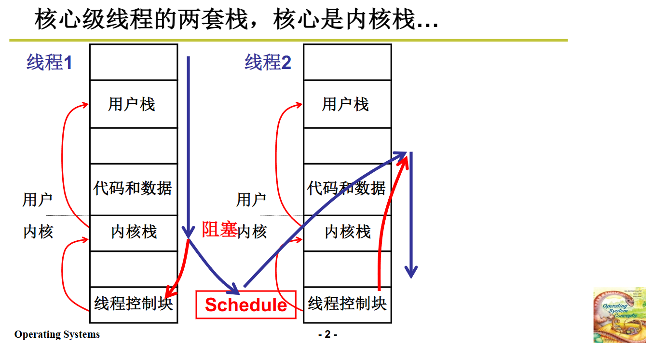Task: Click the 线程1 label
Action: point(49,63)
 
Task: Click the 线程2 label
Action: point(268,63)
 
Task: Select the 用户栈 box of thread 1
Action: point(133,104)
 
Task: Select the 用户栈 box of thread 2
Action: point(347,104)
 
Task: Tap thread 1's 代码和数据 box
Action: point(133,188)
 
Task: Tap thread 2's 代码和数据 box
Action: point(347,188)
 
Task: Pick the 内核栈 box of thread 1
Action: point(134,232)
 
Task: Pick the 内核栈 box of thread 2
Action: point(347,232)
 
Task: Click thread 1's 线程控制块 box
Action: point(134,304)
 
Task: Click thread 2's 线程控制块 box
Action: point(347,304)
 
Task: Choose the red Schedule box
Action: point(245,305)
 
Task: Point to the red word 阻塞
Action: point(219,230)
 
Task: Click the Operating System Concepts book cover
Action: point(619,315)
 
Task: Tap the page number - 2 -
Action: point(327,334)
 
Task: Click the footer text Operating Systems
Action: point(57,334)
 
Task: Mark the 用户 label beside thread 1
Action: point(37,200)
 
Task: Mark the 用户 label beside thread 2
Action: point(251,200)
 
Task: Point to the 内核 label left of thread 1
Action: point(38,232)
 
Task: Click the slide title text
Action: point(236,20)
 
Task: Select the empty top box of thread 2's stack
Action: point(347,62)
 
